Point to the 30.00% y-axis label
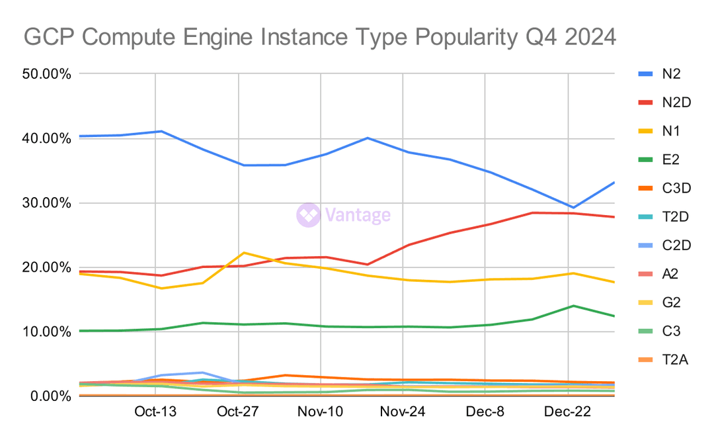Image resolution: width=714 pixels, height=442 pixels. [46, 202]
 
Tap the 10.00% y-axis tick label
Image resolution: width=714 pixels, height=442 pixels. [46, 331]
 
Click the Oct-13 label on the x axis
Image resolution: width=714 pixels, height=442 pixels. [155, 412]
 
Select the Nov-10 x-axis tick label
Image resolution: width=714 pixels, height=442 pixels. [321, 412]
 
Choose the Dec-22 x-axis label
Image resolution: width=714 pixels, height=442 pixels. [569, 412]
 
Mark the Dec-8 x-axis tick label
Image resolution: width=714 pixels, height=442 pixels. [485, 412]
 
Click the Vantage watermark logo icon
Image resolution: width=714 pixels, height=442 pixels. [308, 215]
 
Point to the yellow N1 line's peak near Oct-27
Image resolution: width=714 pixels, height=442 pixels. [244, 253]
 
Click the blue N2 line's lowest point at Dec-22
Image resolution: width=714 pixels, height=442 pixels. [573, 208]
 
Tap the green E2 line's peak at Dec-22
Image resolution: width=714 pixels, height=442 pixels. [573, 306]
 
